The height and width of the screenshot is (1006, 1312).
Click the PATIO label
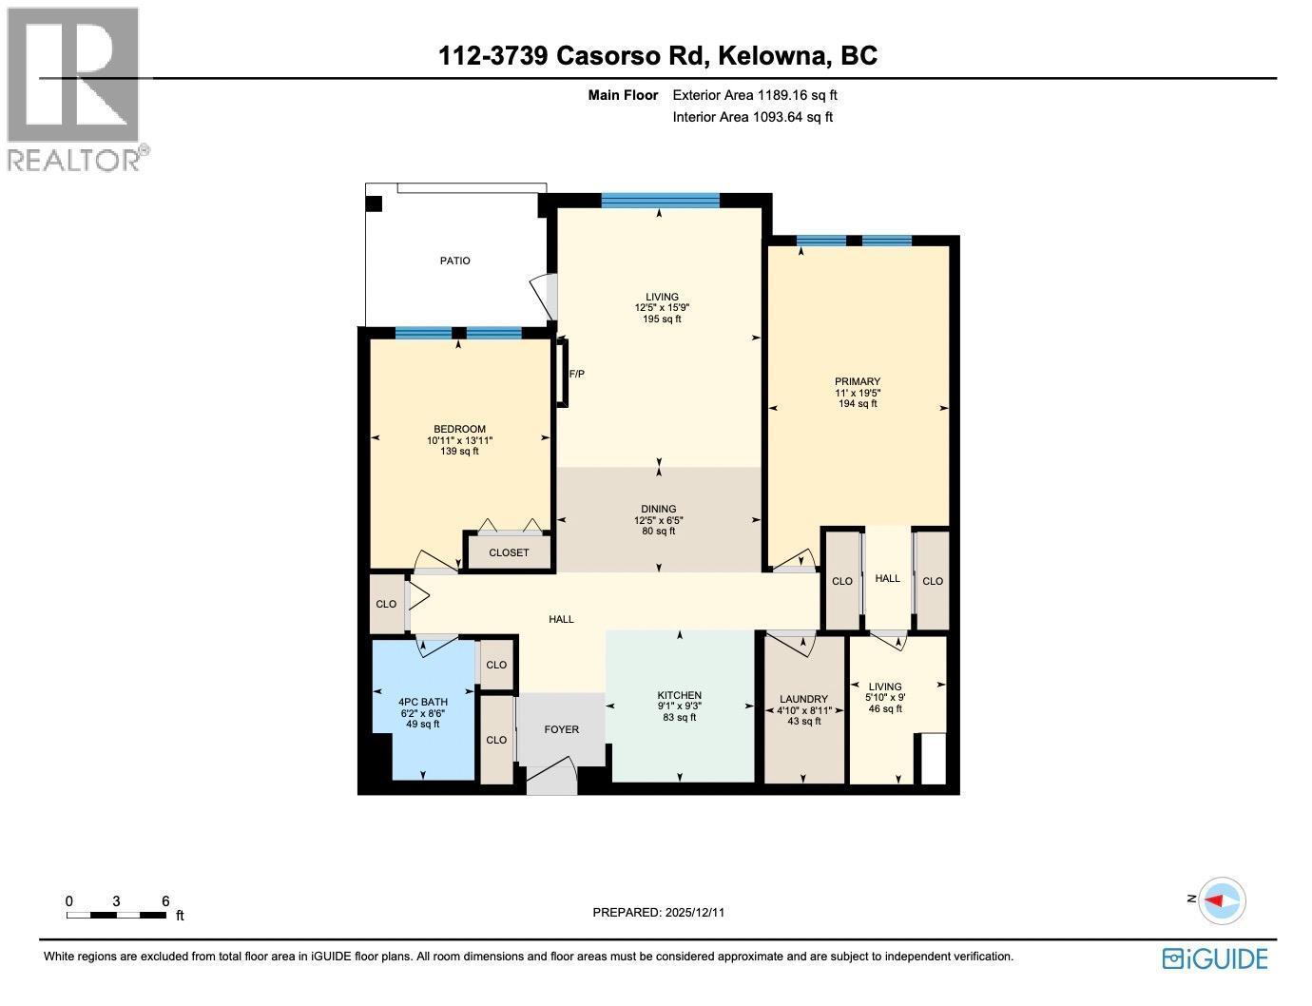tap(454, 261)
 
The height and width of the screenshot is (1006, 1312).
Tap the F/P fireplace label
tap(576, 374)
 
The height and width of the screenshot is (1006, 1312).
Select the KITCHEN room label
tap(679, 695)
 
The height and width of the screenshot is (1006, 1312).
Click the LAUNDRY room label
tap(803, 699)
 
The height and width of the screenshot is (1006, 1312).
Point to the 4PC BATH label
tap(422, 702)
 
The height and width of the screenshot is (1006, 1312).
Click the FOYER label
tap(561, 729)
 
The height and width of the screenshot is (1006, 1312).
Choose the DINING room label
tap(658, 509)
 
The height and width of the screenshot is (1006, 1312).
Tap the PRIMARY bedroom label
tap(858, 381)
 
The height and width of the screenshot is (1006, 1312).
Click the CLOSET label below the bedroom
tap(509, 552)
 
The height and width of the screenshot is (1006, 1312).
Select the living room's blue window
tap(660, 200)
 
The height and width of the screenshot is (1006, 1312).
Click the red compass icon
tap(1221, 900)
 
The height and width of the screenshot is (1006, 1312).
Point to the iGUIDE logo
tap(1215, 958)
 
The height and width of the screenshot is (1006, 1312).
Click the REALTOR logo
tap(76, 90)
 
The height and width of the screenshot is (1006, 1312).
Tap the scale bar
tap(117, 915)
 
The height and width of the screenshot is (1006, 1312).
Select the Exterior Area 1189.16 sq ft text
tap(754, 95)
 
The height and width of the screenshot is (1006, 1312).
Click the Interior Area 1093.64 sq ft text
tap(752, 117)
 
